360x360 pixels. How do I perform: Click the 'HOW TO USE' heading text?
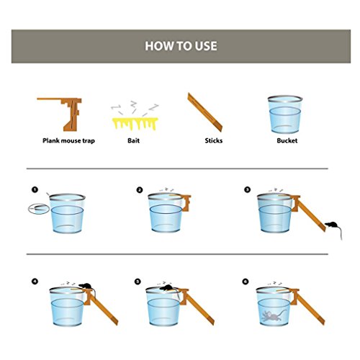click(x=181, y=46)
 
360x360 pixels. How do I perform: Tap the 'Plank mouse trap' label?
click(x=68, y=140)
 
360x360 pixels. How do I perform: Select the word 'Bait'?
click(x=133, y=140)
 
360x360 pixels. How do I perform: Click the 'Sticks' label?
click(x=214, y=140)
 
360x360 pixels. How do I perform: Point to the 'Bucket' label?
click(x=287, y=140)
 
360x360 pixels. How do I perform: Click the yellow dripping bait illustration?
click(x=135, y=123)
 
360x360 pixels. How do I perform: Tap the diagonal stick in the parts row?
click(x=204, y=112)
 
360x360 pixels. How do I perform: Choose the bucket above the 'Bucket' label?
click(x=285, y=114)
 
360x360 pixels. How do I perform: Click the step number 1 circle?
click(x=35, y=189)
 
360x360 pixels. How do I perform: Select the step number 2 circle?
click(x=140, y=190)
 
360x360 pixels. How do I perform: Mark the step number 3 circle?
click(x=247, y=189)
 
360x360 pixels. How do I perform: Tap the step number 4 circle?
click(x=35, y=281)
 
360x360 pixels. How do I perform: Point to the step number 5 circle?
click(x=138, y=281)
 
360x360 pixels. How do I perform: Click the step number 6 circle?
click(x=246, y=281)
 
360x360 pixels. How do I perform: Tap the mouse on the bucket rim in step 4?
click(x=86, y=286)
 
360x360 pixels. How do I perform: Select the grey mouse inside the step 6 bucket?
click(x=272, y=315)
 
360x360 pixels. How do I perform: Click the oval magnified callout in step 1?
click(x=39, y=209)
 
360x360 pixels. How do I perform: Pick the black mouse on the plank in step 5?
click(x=167, y=288)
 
